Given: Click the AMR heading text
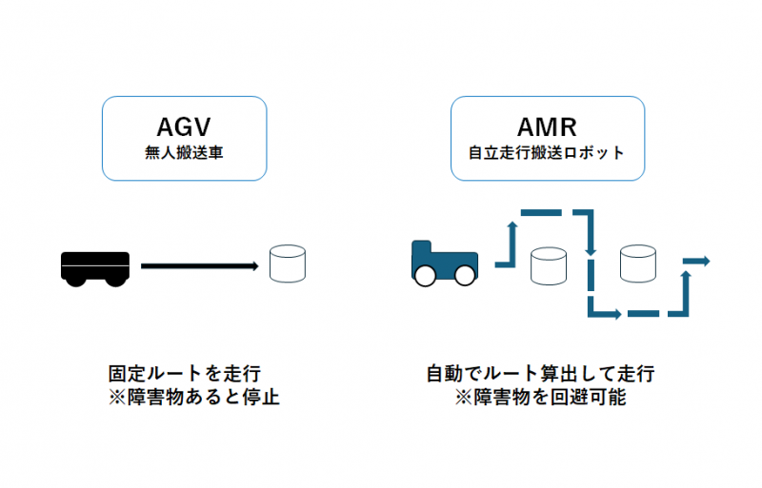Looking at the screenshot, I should click(548, 127).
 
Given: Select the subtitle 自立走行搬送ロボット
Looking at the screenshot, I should click(548, 150).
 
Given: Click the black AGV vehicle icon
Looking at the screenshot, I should click(94, 266).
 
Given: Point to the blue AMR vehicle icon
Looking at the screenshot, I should click(444, 263).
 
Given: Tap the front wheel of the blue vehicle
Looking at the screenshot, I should click(465, 275).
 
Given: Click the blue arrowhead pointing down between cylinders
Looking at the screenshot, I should click(592, 251).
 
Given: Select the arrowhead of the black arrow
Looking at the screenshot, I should click(256, 266).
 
